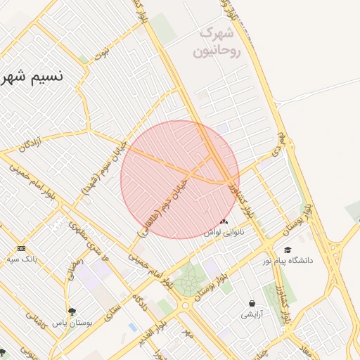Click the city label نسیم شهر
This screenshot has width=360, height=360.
[x=32, y=76]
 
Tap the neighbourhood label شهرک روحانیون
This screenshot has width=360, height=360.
[x=220, y=42]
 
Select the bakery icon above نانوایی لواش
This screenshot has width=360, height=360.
[x=224, y=221]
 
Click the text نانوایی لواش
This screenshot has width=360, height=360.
[x=223, y=231]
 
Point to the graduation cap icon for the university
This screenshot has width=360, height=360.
[x=287, y=250]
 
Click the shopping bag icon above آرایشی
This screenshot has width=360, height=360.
[x=252, y=304]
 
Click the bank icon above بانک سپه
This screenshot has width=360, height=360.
[x=21, y=248]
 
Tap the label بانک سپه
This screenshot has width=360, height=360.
[x=22, y=259]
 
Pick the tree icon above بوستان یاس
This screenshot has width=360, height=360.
[x=71, y=311]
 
